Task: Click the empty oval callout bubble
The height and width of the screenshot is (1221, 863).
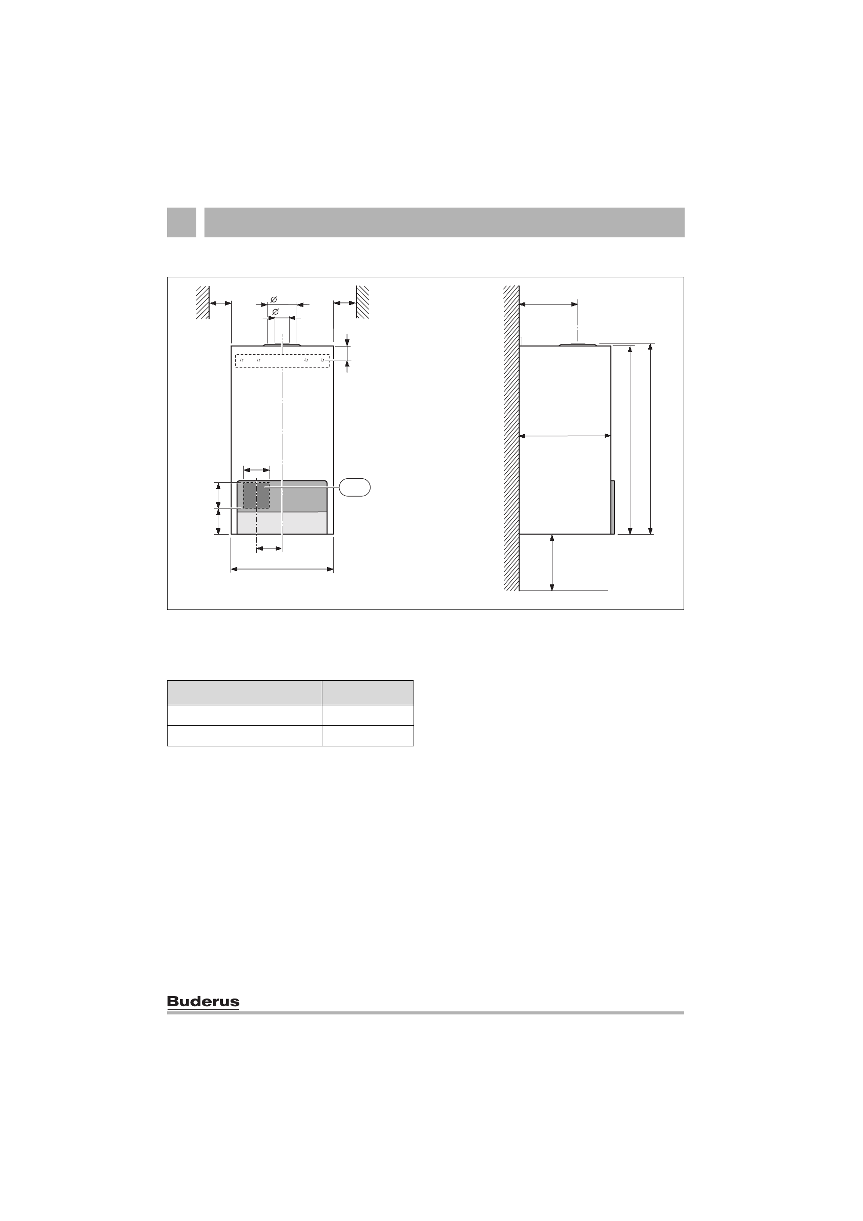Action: [355, 487]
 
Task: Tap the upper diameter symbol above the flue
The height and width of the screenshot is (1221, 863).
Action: [274, 300]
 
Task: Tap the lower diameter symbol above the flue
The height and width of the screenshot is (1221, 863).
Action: [275, 311]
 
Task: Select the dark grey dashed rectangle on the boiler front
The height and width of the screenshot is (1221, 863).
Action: [256, 496]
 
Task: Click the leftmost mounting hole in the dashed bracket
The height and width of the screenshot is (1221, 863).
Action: [241, 360]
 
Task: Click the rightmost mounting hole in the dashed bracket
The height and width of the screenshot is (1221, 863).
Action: [322, 360]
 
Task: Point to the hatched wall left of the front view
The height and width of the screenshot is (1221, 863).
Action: [202, 302]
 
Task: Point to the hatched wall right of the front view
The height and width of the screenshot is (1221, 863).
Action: [363, 302]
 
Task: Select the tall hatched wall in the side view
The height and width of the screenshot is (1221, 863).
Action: [511, 438]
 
